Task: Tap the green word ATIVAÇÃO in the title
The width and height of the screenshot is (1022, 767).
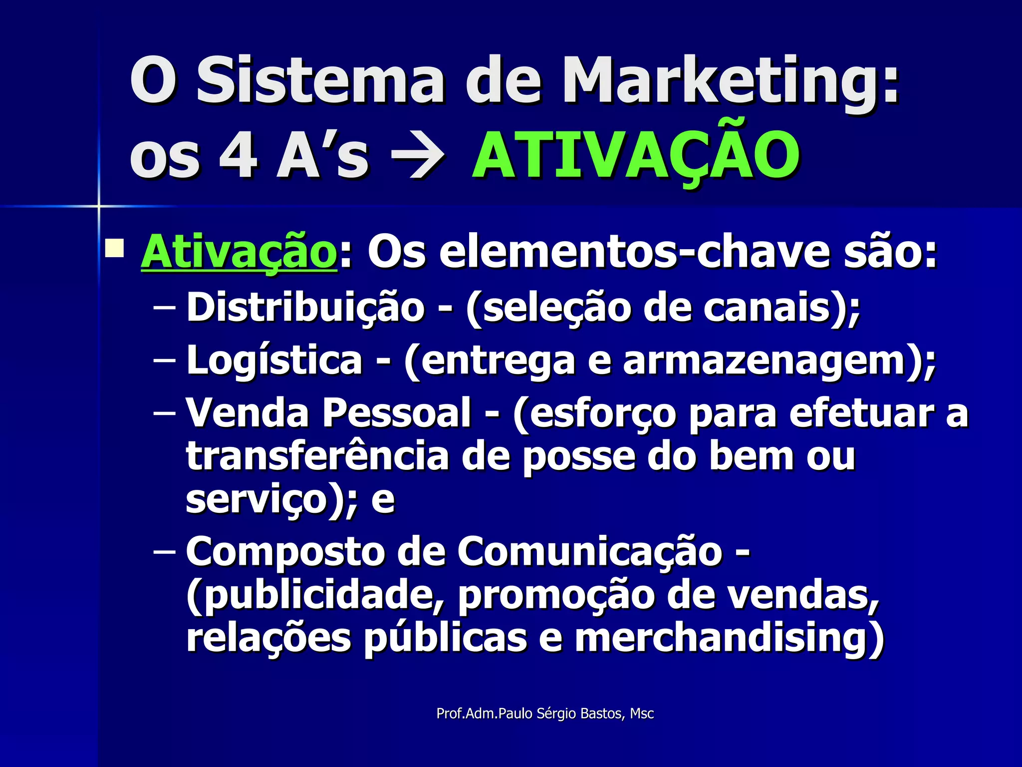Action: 636,156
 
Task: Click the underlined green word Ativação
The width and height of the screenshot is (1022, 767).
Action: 239,253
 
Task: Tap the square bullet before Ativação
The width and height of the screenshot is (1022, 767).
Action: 114,248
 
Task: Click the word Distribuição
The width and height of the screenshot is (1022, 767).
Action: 305,308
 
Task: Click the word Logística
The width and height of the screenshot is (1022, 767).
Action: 274,361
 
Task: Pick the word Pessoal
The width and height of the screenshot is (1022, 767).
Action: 396,412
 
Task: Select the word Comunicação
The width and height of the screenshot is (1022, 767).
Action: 589,552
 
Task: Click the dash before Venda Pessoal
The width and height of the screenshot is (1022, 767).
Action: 164,413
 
